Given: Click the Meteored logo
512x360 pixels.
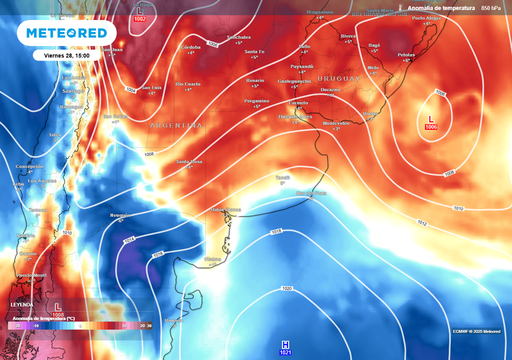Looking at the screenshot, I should (x=66, y=33).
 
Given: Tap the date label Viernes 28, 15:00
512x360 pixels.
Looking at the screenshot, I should (x=67, y=55).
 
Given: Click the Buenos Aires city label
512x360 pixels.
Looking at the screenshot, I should (x=295, y=116).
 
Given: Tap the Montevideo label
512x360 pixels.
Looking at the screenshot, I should (x=336, y=123).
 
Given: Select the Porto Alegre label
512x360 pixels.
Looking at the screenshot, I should (x=426, y=18).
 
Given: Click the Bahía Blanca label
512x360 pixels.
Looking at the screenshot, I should (x=226, y=209).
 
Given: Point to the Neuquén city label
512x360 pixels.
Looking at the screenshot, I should (x=120, y=215).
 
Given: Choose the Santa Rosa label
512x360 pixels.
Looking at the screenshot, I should (x=189, y=161).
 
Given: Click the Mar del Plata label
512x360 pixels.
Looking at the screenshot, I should (x=311, y=193).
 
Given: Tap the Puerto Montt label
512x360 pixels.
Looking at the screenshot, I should (x=32, y=275).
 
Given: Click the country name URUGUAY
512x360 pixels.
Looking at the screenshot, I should (x=338, y=79).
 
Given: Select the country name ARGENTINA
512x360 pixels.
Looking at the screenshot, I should (x=176, y=125).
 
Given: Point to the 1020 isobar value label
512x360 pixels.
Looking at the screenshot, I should (x=287, y=288).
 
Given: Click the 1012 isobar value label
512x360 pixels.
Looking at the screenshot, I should (x=422, y=223).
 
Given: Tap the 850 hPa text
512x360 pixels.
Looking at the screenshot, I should (x=490, y=8).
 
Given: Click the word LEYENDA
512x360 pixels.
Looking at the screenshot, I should (x=22, y=304).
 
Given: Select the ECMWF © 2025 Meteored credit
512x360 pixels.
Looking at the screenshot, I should (x=476, y=331).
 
